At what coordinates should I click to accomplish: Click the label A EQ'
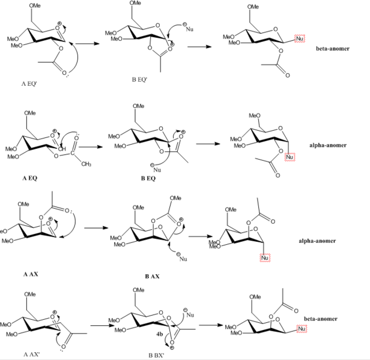tap(29, 83)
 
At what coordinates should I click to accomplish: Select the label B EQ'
tap(139, 79)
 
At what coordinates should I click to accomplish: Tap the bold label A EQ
tap(30, 178)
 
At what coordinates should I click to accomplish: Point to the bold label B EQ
tap(148, 178)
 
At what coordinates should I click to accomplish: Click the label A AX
tap(31, 274)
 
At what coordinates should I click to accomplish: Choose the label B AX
tap(152, 277)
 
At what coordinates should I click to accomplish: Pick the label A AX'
tap(31, 355)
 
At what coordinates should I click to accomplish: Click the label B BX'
tap(156, 355)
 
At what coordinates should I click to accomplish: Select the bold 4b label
tap(160, 334)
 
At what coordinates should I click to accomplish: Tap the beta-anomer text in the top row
tap(333, 49)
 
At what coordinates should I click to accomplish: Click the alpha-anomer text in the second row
tap(328, 145)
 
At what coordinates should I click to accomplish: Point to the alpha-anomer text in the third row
tap(317, 241)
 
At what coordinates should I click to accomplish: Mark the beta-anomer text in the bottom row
tap(321, 319)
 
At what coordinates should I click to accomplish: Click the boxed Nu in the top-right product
tap(300, 38)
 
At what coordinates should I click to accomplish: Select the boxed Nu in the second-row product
tap(290, 157)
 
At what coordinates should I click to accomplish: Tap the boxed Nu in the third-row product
tap(265, 257)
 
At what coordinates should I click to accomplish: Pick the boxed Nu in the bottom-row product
tap(302, 329)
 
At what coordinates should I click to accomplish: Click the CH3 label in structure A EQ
tap(86, 164)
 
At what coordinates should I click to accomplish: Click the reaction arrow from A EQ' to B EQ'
tap(87, 44)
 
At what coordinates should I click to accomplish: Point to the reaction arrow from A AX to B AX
tap(96, 228)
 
